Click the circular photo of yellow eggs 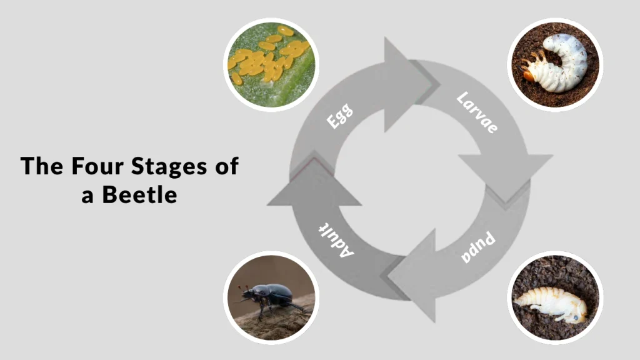(271, 64)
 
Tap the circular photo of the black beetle (271, 297)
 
